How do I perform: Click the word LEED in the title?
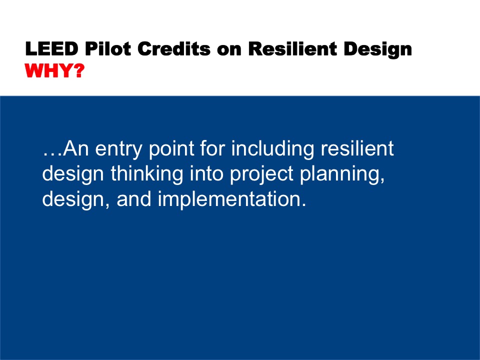[51, 48]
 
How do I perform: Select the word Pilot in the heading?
[108, 48]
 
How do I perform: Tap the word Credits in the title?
[174, 48]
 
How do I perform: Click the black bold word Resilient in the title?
[292, 48]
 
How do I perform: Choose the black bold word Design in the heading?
[378, 50]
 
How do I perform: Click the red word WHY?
[54, 70]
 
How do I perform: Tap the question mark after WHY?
[78, 70]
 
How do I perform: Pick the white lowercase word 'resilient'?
[357, 148]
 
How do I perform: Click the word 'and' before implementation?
[134, 199]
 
